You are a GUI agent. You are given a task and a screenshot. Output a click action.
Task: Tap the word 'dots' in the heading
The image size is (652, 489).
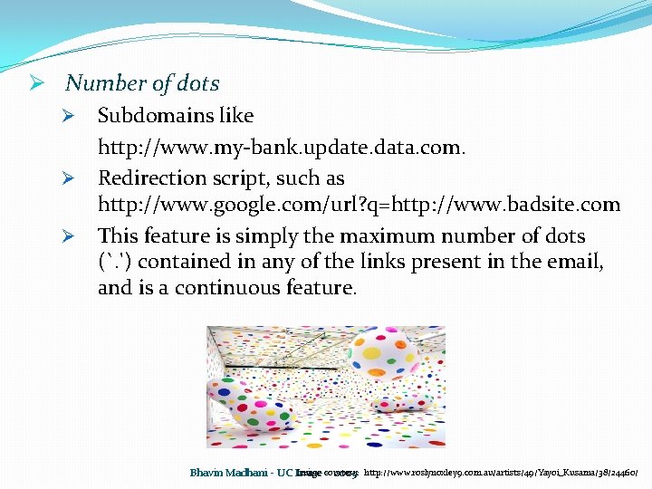(198, 83)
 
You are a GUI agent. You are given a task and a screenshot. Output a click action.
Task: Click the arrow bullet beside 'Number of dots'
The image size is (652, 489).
(37, 83)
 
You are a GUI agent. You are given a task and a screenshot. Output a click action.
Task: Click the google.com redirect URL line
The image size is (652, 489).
(359, 205)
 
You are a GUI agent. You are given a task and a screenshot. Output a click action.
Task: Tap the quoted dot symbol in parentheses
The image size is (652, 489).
(115, 263)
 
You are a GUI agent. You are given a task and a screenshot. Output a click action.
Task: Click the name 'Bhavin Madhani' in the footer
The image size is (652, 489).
(232, 473)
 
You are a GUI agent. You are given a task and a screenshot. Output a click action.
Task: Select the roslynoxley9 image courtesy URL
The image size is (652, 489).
(502, 473)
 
